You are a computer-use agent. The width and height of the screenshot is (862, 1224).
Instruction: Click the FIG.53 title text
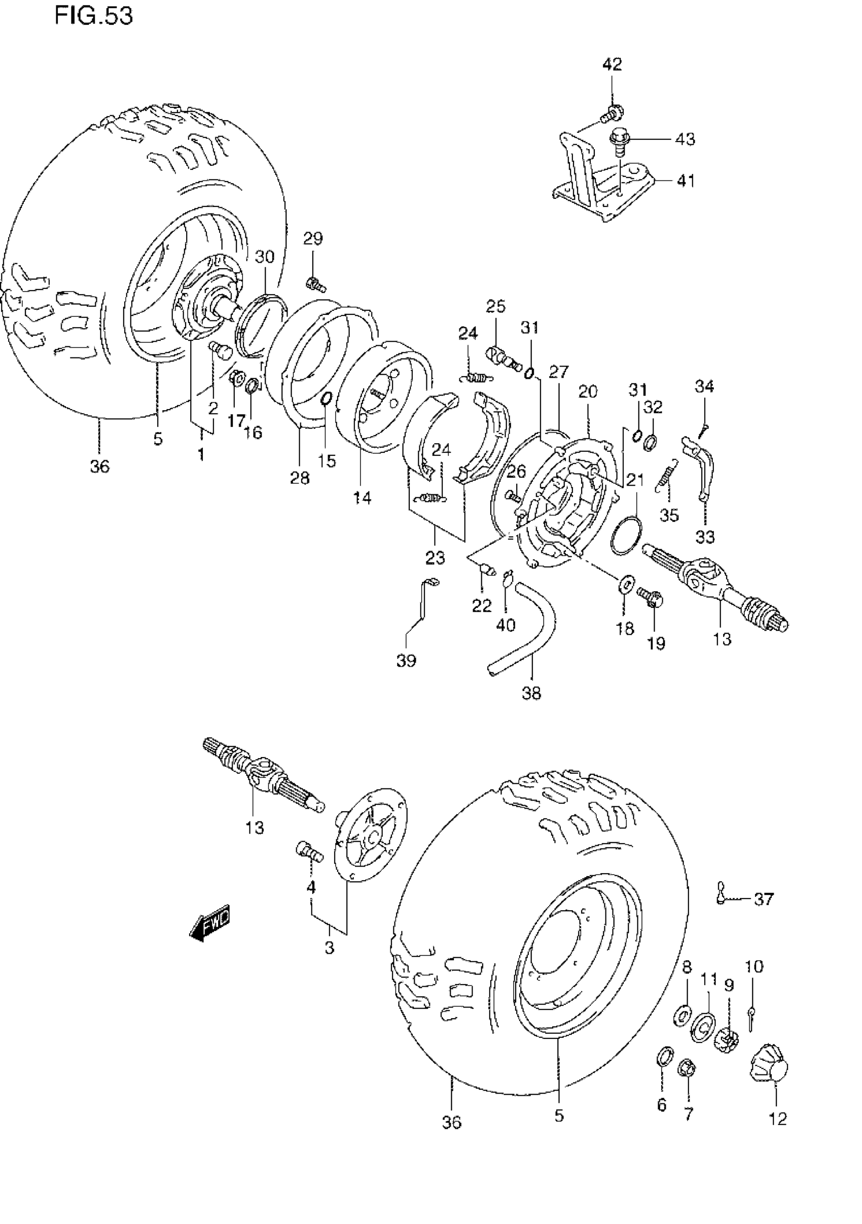coord(93,16)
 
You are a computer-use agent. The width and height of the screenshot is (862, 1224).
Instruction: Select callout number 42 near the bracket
coord(612,65)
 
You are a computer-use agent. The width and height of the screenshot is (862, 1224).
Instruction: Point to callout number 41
coord(686,181)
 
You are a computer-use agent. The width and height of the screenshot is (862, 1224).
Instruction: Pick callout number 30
coord(264,257)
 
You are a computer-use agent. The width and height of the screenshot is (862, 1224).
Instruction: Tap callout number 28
coord(300,478)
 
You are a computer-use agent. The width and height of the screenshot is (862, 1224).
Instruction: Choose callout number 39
coord(406,661)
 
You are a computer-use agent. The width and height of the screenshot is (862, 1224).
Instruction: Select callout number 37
coord(764,900)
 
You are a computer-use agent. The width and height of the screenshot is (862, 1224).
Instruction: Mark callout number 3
coord(330,948)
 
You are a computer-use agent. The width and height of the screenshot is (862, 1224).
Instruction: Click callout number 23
coord(435,558)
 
